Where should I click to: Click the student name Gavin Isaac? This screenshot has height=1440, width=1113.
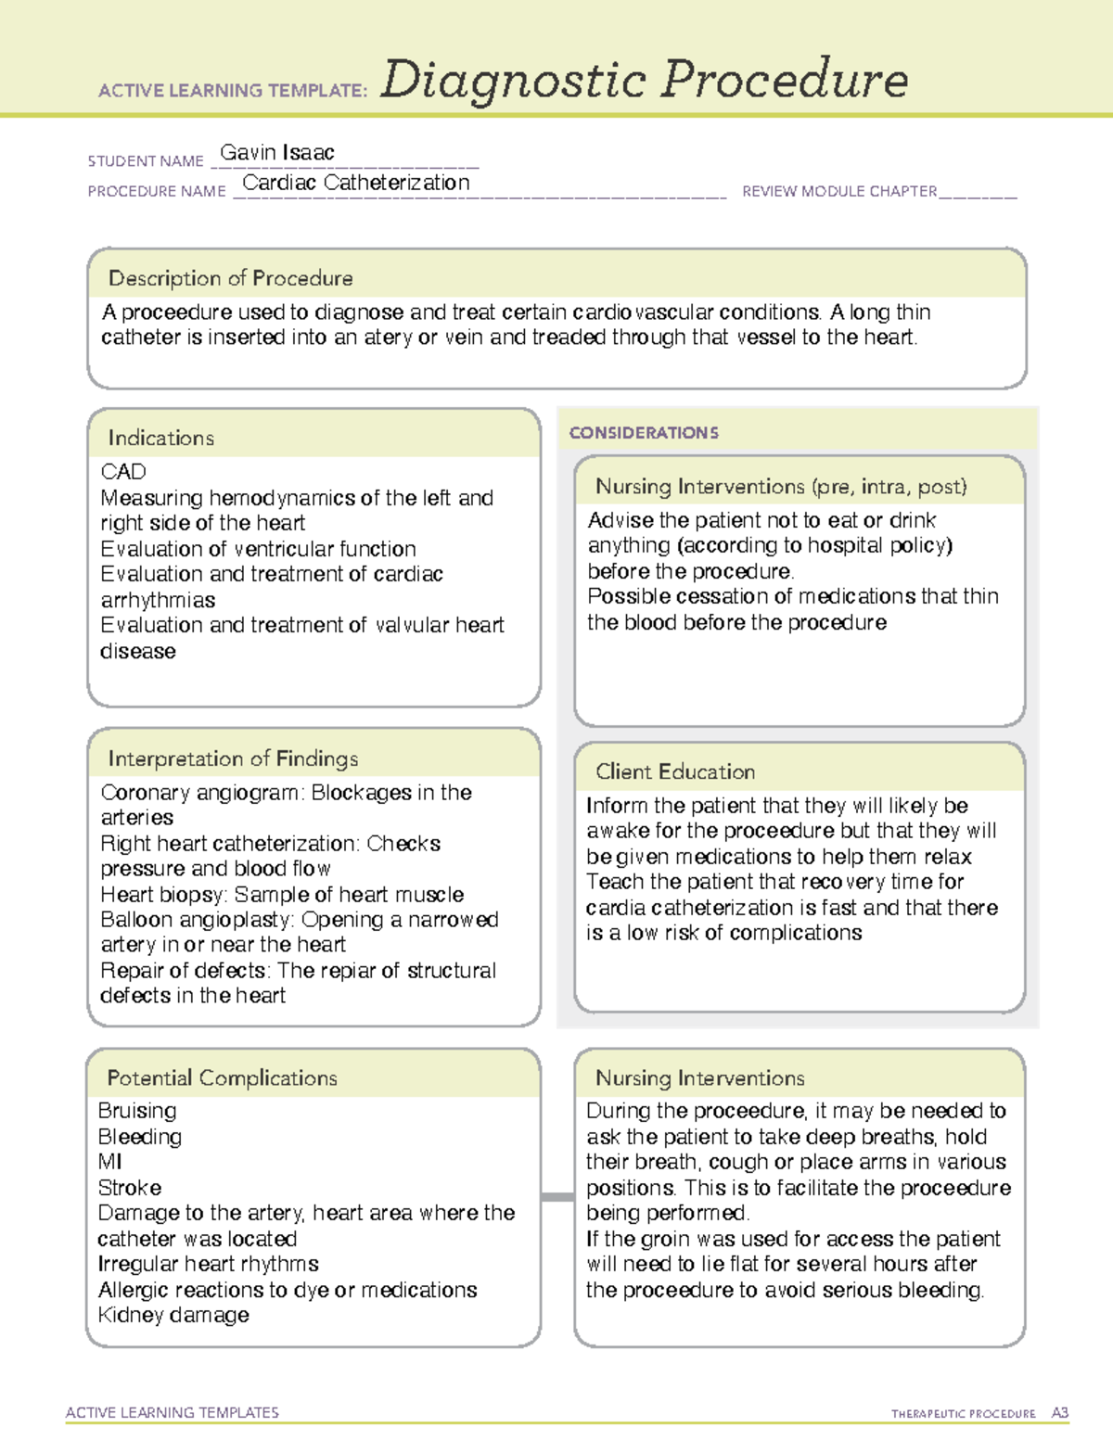276,153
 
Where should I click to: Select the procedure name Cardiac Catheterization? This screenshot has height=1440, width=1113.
356,183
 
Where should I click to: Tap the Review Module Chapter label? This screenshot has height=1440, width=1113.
839,191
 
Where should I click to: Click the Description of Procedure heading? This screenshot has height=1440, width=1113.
230,278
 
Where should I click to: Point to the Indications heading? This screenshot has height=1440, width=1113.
160,438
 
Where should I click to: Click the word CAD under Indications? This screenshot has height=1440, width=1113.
123,471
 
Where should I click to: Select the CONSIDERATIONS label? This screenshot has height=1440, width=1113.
644,433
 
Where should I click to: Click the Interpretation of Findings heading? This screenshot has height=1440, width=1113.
233,758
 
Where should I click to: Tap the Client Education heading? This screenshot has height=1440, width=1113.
675,771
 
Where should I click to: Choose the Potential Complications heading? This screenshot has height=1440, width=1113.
222,1077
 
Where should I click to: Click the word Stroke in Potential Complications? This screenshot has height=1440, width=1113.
130,1188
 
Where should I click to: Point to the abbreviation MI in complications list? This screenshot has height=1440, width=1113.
110,1162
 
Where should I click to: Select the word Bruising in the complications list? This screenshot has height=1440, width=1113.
137,1111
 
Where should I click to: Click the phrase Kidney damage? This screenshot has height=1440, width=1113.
173,1315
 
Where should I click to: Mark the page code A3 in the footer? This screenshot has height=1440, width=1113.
1059,1413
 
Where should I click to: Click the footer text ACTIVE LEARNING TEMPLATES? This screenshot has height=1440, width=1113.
173,1412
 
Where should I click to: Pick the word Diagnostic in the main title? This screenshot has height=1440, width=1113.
513,81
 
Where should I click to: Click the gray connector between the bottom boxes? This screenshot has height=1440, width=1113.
556,1197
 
